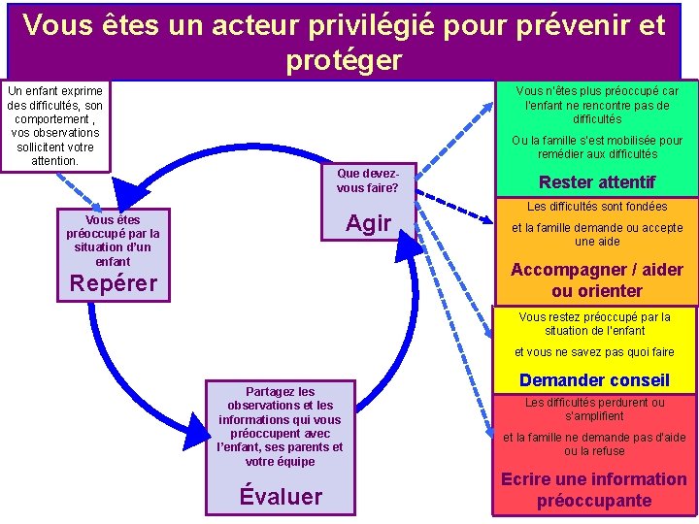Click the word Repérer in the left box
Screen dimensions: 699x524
pos(114,284)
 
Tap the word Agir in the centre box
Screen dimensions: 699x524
pos(368,223)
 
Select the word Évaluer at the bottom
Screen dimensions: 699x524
pos(281,497)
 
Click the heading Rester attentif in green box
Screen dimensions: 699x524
pos(596,182)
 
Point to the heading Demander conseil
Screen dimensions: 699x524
pos(594,380)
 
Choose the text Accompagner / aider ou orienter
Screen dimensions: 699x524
pos(596,280)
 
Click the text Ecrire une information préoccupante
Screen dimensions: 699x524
pos(593,490)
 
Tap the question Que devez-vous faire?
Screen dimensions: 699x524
pos(367,180)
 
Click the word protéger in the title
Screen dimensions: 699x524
pos(344,60)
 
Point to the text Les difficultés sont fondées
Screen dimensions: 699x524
pos(597,207)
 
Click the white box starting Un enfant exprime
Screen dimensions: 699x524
pos(54,125)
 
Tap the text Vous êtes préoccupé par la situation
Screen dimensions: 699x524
pos(113,240)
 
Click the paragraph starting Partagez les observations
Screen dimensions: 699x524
pos(281,427)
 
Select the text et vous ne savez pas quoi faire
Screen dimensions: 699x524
pos(594,352)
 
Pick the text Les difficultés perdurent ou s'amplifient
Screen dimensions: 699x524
pos(595,409)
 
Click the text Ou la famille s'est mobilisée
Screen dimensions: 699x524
pos(597,147)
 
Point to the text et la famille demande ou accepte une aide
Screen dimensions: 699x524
pos(597,234)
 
